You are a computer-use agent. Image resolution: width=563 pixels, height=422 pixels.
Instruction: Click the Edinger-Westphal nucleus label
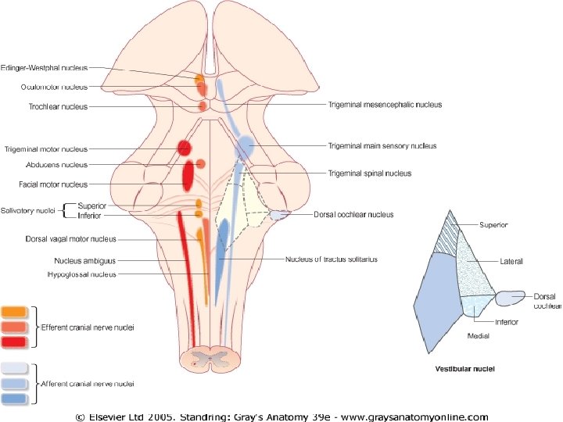click(x=44, y=68)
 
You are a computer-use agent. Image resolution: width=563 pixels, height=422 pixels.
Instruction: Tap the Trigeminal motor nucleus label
click(x=46, y=148)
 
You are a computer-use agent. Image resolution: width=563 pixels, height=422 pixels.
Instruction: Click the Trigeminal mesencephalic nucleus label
click(x=385, y=105)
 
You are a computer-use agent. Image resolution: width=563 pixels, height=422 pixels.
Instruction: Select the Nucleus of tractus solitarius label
click(x=332, y=259)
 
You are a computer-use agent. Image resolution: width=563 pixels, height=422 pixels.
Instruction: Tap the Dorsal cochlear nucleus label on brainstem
click(x=353, y=214)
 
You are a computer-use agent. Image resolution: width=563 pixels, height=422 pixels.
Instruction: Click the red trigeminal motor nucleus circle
click(x=185, y=148)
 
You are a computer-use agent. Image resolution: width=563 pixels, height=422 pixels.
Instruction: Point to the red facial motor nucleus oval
click(x=188, y=176)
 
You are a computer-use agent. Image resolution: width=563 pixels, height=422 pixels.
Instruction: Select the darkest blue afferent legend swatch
click(x=16, y=399)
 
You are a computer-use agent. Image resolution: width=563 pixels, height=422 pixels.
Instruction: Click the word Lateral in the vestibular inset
click(x=512, y=261)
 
